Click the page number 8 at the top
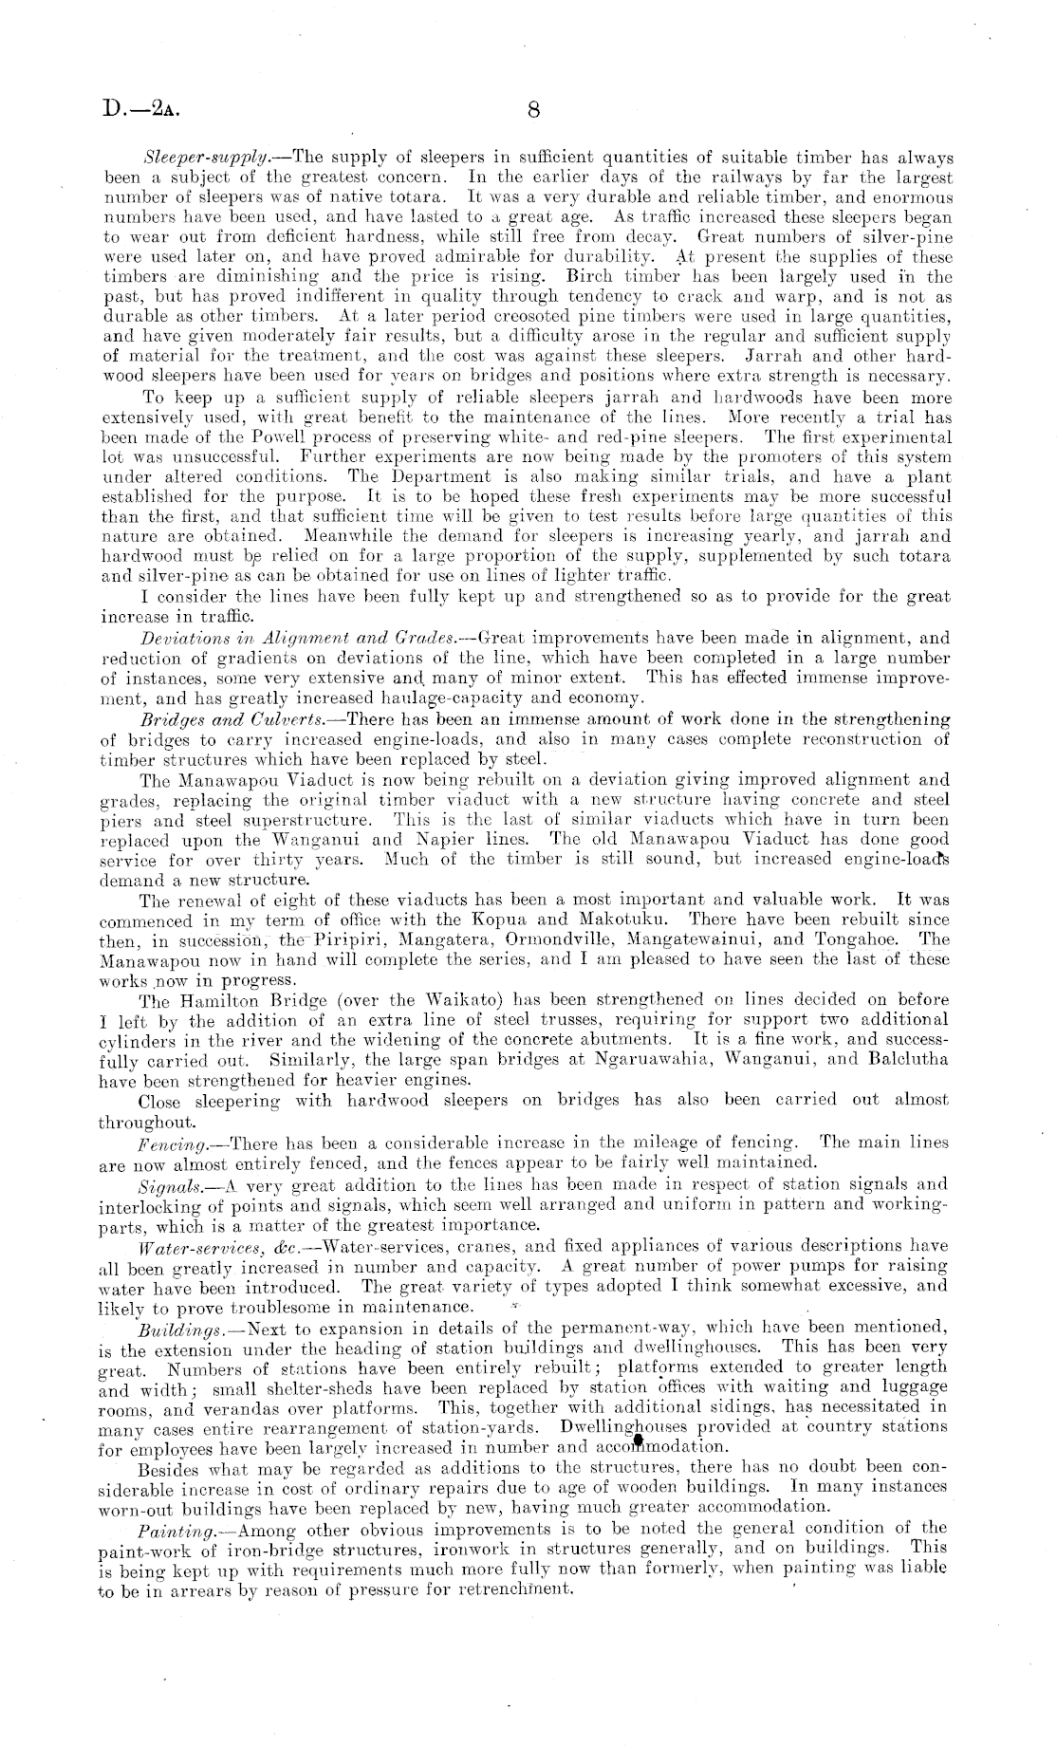[x=533, y=109]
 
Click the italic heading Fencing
[x=167, y=1143]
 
